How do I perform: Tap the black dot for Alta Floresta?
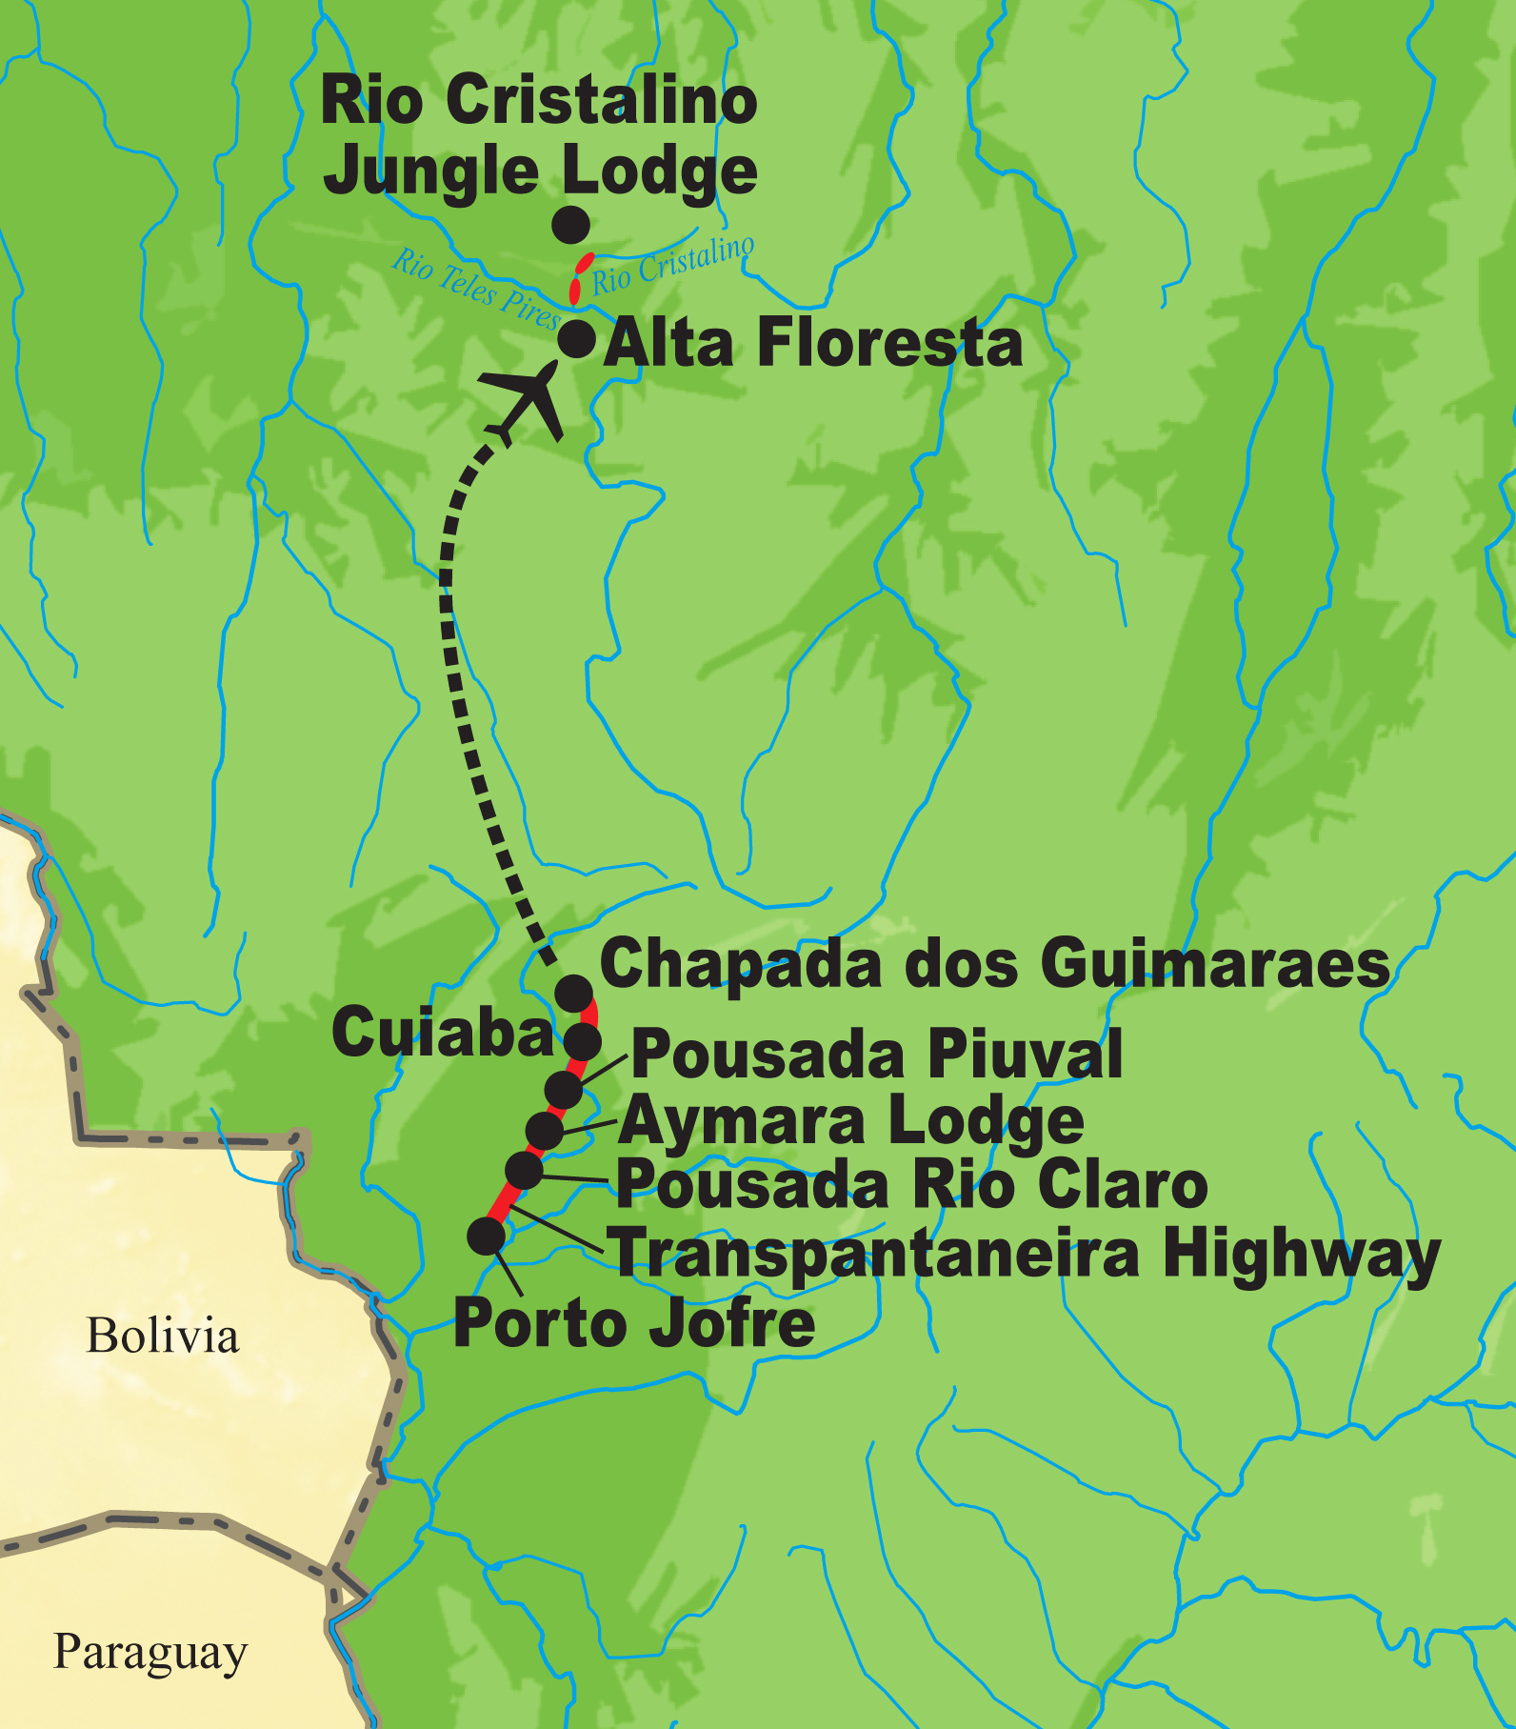point(576,338)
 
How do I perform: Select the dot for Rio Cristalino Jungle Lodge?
point(571,225)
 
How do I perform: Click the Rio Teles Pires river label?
point(476,289)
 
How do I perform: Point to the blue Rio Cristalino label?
point(672,265)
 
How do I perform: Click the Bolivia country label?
point(162,1336)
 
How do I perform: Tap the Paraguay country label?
point(150,1652)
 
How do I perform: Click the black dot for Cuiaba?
point(583,1041)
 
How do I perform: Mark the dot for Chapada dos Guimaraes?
point(573,994)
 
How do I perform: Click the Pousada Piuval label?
point(876,1055)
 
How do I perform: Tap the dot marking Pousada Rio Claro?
point(524,1170)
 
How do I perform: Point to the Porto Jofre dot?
point(487,1236)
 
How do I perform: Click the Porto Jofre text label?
point(634,1324)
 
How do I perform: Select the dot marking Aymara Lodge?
point(545,1131)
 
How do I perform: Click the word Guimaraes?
point(1215,964)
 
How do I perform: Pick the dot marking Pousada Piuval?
point(564,1090)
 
